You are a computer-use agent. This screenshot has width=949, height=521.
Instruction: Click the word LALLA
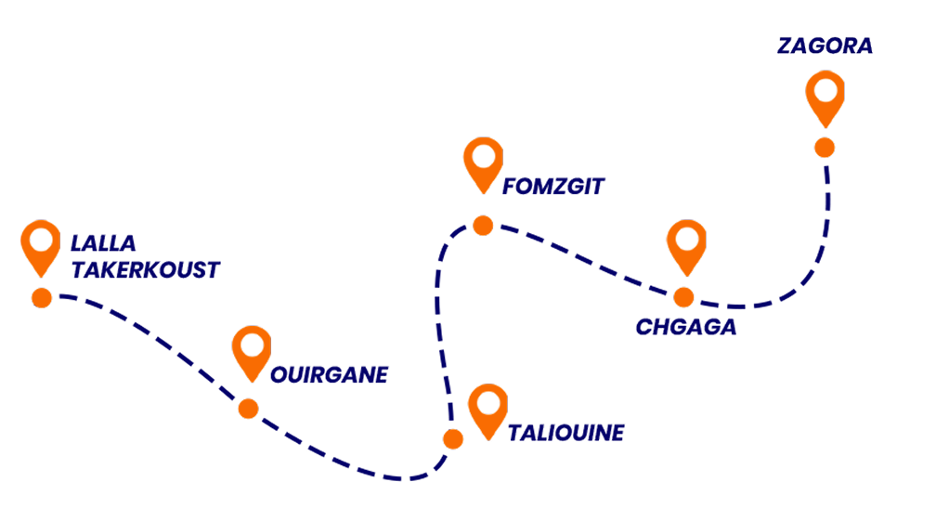[104, 244]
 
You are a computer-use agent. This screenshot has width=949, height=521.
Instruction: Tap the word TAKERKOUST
[146, 270]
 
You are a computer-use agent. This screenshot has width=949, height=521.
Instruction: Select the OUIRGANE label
[329, 375]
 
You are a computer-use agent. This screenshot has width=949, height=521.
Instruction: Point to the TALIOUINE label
[566, 433]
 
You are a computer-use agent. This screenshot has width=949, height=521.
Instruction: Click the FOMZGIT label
[553, 187]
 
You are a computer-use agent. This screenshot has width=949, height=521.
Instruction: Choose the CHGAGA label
[686, 327]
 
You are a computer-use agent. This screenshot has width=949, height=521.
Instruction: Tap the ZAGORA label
[825, 46]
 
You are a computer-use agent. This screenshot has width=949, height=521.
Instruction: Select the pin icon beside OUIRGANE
[252, 351]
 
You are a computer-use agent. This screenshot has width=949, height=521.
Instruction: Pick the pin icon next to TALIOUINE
[487, 410]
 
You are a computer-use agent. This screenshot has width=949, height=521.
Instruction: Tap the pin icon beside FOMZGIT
[483, 163]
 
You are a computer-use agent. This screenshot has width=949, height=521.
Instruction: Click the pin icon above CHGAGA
[686, 245]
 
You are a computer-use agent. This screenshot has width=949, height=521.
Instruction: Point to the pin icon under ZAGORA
[825, 97]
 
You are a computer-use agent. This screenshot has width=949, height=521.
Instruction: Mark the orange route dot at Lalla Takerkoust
[41, 297]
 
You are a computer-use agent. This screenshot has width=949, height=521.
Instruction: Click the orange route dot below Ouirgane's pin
[248, 409]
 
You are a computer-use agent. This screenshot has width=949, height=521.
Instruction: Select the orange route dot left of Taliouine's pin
[453, 439]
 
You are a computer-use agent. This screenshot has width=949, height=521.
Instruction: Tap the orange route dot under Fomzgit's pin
[483, 226]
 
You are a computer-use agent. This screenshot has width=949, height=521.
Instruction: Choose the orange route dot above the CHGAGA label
[683, 297]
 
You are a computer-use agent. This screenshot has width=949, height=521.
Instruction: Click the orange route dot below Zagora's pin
[824, 147]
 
